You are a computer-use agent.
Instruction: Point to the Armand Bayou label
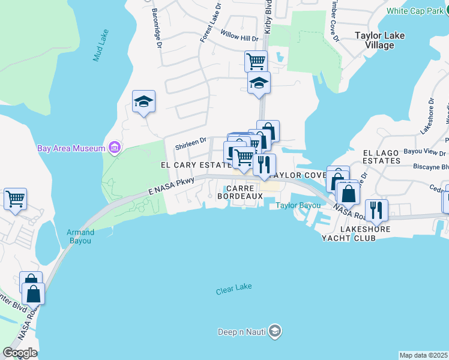(80, 236)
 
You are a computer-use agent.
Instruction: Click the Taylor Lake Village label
(379, 40)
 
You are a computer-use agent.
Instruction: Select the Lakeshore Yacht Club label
(348, 233)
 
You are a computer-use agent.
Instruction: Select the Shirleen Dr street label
(190, 143)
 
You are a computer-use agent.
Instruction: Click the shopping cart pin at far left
(15, 199)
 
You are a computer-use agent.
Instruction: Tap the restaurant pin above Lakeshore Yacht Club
(376, 209)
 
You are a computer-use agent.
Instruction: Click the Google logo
(20, 353)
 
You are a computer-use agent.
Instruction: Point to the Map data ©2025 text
(423, 355)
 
